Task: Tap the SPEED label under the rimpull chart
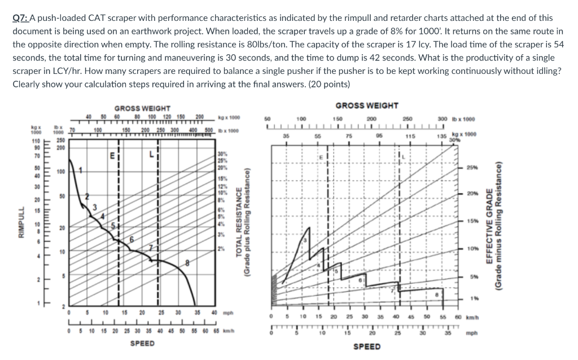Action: pyautogui.click(x=142, y=343)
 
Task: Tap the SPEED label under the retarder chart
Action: pyautogui.click(x=367, y=346)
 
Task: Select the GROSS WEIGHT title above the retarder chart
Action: pyautogui.click(x=366, y=106)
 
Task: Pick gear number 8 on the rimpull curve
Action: pyautogui.click(x=187, y=264)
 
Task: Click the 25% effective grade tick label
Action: pyautogui.click(x=472, y=168)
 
